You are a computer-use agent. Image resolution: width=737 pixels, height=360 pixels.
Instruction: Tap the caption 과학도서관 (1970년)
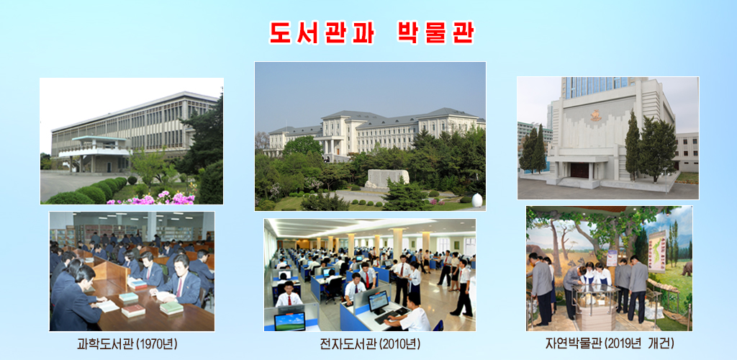[x=127, y=344]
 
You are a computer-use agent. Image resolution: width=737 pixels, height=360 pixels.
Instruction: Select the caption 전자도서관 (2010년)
[x=370, y=344]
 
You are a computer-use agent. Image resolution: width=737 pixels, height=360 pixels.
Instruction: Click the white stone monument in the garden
[x=387, y=177]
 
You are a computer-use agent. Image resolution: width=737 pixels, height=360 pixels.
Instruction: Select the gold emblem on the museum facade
[x=595, y=115]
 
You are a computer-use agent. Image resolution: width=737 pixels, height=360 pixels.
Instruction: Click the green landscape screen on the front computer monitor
[x=289, y=320]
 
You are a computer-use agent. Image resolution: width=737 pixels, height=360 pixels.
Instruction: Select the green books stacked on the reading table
[x=171, y=307]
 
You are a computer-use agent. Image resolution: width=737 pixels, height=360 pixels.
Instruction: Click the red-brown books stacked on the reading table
[x=133, y=311]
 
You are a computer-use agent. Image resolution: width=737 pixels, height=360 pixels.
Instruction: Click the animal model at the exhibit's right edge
[x=685, y=269]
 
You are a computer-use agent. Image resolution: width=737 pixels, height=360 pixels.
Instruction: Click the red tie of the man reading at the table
[x=179, y=286]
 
